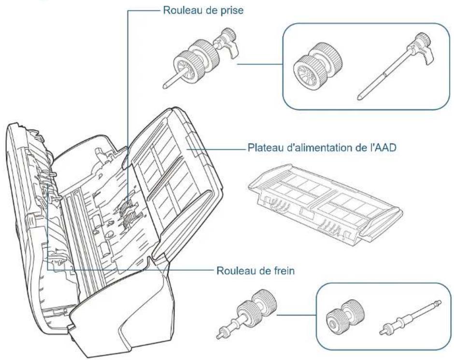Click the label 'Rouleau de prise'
pos(203,10)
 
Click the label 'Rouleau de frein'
pos(255,271)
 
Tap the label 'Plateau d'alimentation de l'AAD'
pos(322,148)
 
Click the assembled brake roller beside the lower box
pos(246,314)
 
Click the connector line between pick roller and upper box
pos(260,64)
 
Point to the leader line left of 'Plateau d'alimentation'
pos(217,149)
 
